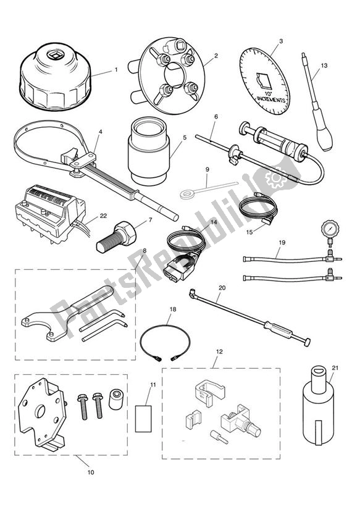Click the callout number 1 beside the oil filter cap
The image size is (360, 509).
click(x=115, y=70)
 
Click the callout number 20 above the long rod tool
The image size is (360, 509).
click(x=222, y=288)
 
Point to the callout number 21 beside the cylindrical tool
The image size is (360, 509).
click(x=335, y=368)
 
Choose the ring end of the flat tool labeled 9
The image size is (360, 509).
click(x=185, y=194)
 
